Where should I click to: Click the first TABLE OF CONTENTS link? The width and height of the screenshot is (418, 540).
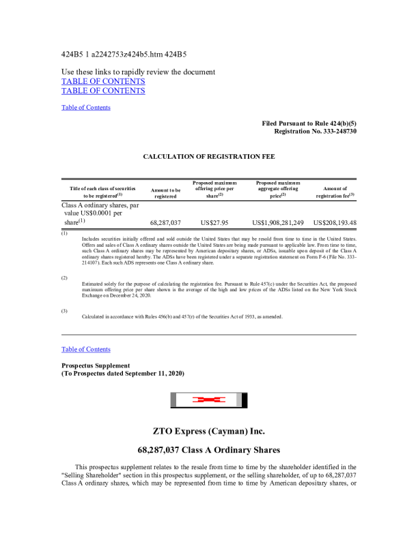coord(103,81)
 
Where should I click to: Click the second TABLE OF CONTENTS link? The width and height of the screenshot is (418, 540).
coord(103,91)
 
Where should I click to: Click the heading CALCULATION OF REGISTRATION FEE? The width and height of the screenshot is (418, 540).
coord(209,157)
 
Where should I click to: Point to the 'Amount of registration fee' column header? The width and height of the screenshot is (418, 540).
coord(335,192)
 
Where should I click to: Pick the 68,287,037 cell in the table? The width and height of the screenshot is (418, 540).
coord(165,223)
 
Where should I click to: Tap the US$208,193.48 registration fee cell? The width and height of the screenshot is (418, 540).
coord(335,223)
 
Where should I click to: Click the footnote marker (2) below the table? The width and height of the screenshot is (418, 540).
coord(64,278)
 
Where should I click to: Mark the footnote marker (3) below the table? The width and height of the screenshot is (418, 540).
coord(64,310)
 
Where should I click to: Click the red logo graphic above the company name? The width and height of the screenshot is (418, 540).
coord(208,400)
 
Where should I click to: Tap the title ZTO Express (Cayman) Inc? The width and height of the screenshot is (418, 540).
coord(209,432)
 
